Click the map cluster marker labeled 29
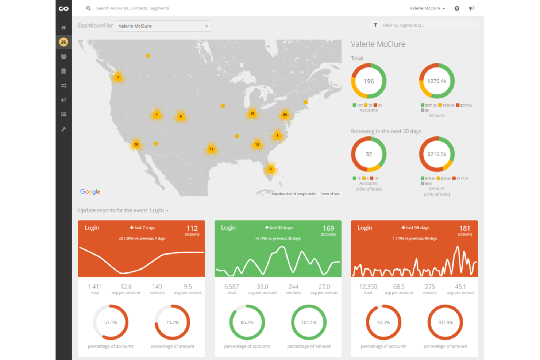[x=285, y=115]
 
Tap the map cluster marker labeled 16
[x=136, y=144]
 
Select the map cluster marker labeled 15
[x=252, y=114]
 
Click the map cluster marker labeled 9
[x=181, y=117]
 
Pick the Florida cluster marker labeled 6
[x=270, y=169]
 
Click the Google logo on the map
[x=90, y=192]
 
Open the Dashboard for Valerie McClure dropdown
[x=163, y=26]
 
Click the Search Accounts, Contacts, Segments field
[x=132, y=8]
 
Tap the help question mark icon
[x=457, y=8]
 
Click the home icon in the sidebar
[x=63, y=28]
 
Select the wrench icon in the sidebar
[x=63, y=129]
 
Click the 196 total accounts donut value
[x=369, y=81]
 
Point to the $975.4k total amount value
[x=437, y=81]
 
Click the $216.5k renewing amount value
[x=437, y=154]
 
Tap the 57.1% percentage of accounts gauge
[x=111, y=322]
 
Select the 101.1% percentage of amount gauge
[x=309, y=322]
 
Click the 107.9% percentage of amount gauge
[x=445, y=322]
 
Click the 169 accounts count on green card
[x=328, y=229]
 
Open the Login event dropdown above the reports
[x=160, y=210]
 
